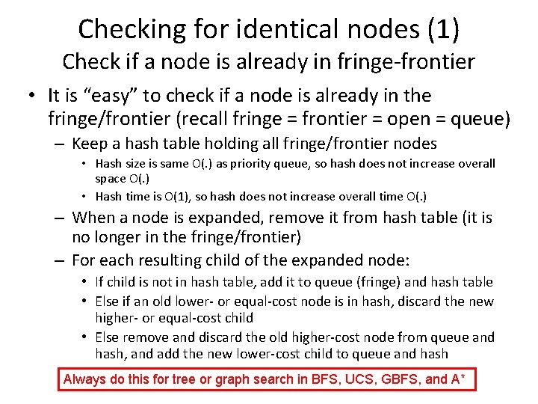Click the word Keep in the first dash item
[x=90, y=143]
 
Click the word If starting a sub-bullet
[x=99, y=282]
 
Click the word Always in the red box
[x=85, y=379]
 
